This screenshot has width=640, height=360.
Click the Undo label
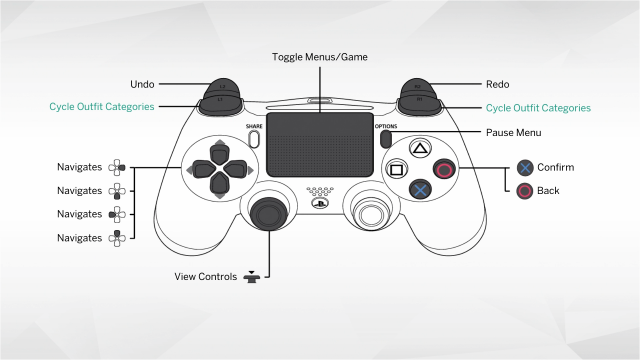coord(142,85)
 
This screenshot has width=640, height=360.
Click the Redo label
coord(498,85)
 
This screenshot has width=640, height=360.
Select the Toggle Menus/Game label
coord(320,57)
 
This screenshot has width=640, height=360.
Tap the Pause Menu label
coord(514,132)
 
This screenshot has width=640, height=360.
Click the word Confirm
coord(555,167)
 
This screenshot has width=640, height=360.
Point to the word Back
coord(549,190)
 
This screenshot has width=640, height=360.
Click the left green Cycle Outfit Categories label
coord(102,107)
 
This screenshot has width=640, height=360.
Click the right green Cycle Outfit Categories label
coord(538,107)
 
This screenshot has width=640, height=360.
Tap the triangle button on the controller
coord(421,150)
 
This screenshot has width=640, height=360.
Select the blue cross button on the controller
coord(421,188)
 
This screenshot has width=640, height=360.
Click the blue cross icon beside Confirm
coord(524,168)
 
